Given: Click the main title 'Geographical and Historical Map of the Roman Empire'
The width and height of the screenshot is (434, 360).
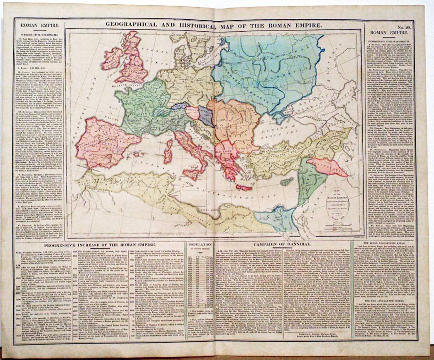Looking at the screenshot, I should pos(213,25).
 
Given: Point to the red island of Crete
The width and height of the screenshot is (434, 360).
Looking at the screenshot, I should pos(243,187).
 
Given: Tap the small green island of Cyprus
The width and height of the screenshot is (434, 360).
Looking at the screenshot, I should pos(286,182).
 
